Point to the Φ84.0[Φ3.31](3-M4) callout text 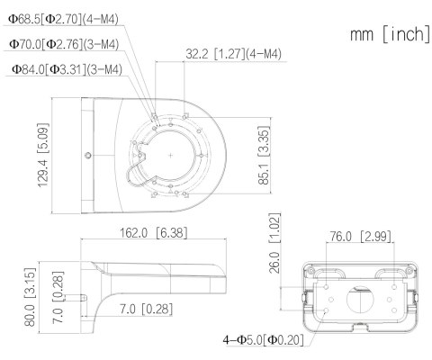(x=65, y=67)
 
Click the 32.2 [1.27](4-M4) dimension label (x=233, y=54)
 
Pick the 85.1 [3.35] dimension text (x=262, y=155)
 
